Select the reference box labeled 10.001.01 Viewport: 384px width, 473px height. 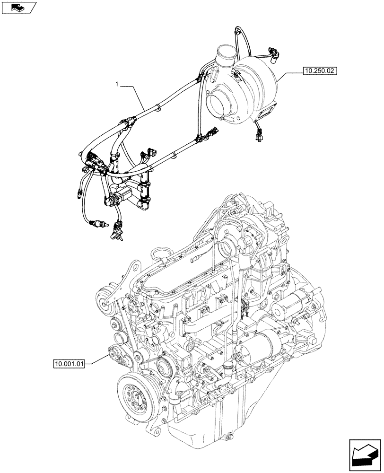[69, 364]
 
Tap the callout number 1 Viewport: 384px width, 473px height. [116, 84]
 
